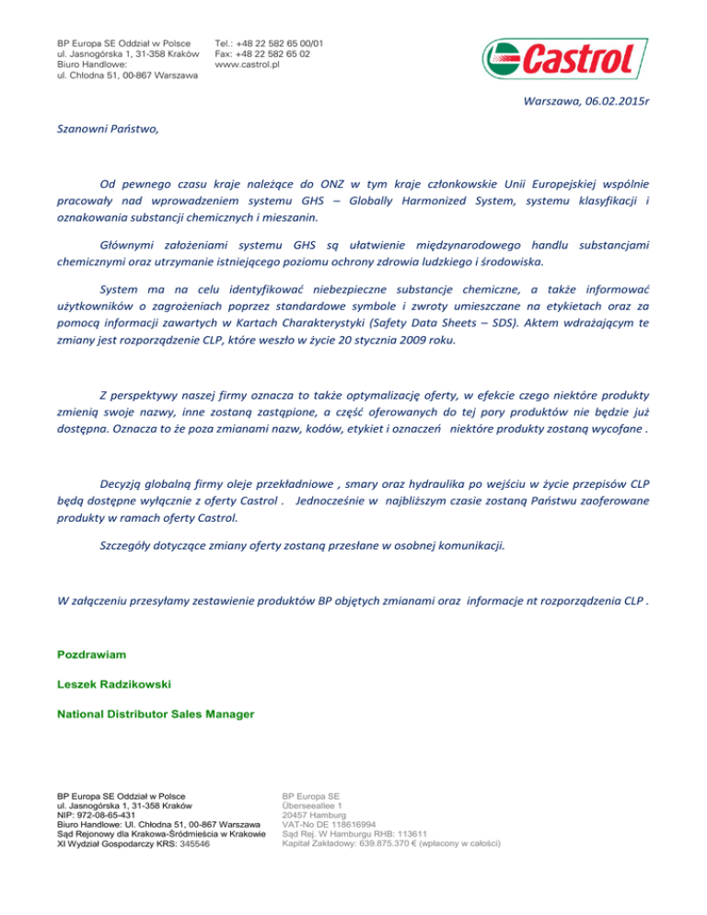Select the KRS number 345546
[214, 844]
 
